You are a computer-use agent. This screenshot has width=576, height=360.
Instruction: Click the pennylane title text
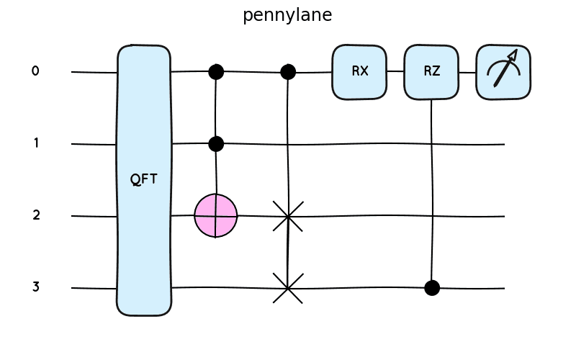287,15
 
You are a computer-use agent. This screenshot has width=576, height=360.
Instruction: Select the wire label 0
35,71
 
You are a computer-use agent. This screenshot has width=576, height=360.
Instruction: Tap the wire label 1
35,143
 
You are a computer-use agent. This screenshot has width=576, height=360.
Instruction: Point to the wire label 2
35,215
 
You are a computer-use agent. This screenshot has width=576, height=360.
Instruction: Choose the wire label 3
35,287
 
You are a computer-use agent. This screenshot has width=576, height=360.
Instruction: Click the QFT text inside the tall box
143,179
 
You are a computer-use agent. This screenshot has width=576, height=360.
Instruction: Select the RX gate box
359,71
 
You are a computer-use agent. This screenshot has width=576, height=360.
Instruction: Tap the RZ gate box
431,71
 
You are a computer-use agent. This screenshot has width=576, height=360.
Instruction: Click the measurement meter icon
503,71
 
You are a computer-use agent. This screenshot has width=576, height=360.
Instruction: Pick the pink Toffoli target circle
215,215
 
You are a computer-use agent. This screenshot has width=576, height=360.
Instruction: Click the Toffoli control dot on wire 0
216,71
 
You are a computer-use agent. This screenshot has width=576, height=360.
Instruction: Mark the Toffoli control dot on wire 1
216,144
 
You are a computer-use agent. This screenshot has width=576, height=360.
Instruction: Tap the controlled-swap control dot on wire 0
288,71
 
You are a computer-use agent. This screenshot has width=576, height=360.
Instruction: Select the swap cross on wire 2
288,216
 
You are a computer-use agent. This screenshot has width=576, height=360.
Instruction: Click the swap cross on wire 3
288,288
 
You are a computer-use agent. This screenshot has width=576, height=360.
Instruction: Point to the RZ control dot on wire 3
432,288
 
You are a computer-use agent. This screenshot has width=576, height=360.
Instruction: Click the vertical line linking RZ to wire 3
431,187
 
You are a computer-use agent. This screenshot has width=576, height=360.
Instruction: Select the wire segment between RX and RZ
395,71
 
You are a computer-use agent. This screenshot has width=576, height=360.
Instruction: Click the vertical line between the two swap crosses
288,252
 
